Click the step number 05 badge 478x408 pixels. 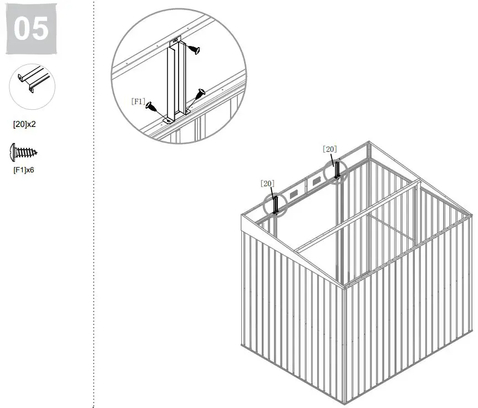[x=31, y=28]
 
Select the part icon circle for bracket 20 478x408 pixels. [x=33, y=86]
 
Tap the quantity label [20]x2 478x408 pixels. [x=24, y=124]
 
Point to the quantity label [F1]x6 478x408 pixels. [x=24, y=170]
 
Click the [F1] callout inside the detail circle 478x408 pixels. [x=138, y=101]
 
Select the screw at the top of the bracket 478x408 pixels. [x=193, y=50]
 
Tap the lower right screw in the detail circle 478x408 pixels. [x=199, y=95]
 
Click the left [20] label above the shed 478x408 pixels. [x=267, y=183]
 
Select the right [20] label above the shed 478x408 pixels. [x=329, y=149]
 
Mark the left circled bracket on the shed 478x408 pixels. [x=276, y=204]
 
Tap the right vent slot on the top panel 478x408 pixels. [x=317, y=181]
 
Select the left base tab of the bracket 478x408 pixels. [x=167, y=118]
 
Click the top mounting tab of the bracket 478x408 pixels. [x=175, y=40]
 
